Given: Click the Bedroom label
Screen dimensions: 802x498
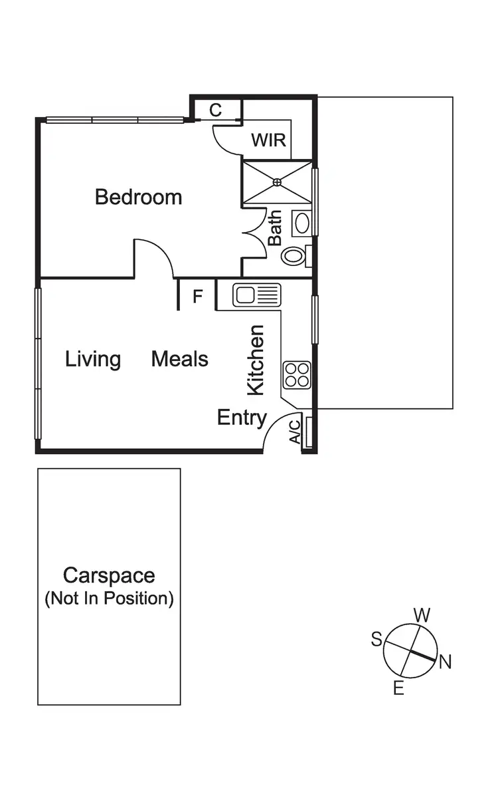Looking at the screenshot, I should click(138, 197).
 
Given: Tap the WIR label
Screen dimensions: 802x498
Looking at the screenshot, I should click(268, 140).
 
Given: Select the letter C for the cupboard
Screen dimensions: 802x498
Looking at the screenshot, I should click(216, 110).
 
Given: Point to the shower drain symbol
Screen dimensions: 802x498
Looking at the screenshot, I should click(278, 182).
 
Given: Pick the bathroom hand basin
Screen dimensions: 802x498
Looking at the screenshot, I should click(302, 223).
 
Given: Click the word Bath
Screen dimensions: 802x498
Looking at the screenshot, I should click(275, 228).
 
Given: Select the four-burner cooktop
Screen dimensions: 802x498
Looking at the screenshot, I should click(296, 374).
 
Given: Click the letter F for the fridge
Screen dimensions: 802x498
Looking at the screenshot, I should click(197, 297).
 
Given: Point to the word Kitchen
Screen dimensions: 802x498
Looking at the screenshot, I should click(256, 360).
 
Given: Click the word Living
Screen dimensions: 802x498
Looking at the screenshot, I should click(93, 359).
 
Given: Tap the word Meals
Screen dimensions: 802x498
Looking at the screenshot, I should click(179, 359).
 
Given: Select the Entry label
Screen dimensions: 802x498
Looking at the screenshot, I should click(242, 418).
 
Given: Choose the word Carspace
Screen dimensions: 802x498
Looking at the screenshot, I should click(109, 575).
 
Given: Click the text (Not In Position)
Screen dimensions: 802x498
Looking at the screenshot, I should click(109, 599).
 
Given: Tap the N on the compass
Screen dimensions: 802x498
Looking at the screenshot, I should click(445, 662).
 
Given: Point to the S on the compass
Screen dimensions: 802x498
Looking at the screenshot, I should click(376, 640).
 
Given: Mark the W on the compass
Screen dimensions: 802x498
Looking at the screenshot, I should click(422, 615).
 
